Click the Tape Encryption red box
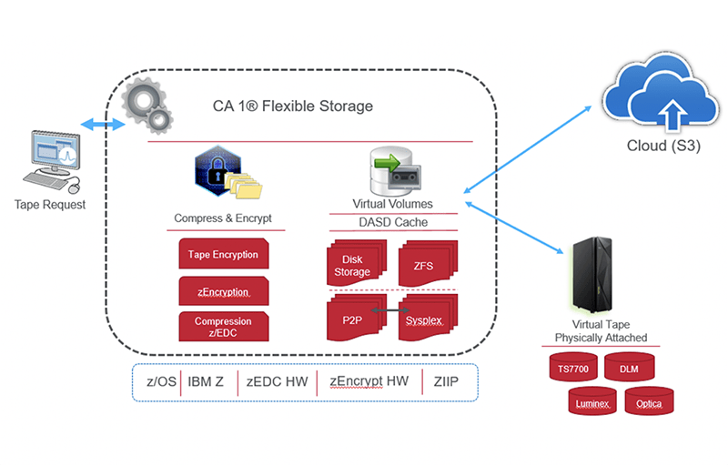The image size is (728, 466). tap(223, 255)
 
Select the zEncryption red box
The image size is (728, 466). tap(223, 290)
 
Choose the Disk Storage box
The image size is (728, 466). tap(357, 264)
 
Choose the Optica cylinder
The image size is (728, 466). tap(649, 401)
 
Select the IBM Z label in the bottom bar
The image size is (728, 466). tap(207, 382)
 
